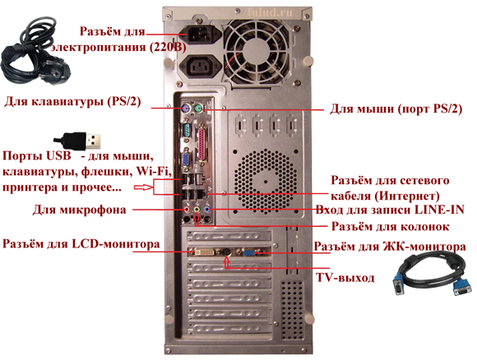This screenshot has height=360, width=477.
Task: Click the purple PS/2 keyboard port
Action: tap(186, 108)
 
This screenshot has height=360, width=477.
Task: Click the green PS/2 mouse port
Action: tap(198, 108)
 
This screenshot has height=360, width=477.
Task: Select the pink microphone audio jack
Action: tap(188, 210)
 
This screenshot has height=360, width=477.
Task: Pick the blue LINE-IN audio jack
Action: tap(207, 210)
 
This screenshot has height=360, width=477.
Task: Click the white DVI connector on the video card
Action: tap(202, 252)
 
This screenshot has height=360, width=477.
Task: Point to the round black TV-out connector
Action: tap(226, 252)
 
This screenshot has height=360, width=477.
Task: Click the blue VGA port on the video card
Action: tap(249, 252)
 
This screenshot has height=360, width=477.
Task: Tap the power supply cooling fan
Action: tap(257, 52)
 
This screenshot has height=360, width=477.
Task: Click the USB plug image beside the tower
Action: tap(77, 141)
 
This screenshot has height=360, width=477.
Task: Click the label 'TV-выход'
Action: tap(345, 278)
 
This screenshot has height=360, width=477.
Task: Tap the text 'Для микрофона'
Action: tap(80, 210)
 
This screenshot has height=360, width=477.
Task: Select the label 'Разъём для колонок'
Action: tap(390, 226)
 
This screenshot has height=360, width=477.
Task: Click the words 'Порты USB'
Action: tap(37, 155)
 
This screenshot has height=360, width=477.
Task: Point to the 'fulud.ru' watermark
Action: tap(270, 12)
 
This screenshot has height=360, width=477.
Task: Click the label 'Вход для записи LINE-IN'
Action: tap(390, 210)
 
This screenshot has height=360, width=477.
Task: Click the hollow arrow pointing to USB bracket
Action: tap(142, 187)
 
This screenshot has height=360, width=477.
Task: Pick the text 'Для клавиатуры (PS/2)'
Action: tap(72, 102)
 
